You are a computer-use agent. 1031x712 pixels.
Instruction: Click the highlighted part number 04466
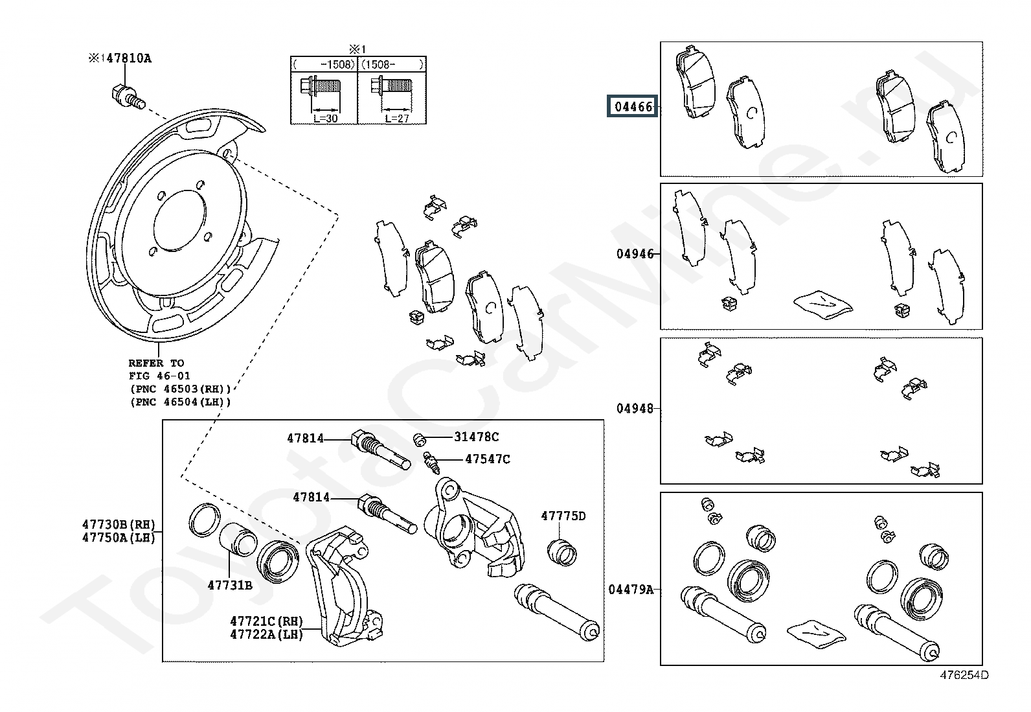pyautogui.click(x=633, y=106)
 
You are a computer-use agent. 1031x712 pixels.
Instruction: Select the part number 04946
pyautogui.click(x=635, y=254)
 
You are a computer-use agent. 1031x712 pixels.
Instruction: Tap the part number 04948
pyautogui.click(x=635, y=409)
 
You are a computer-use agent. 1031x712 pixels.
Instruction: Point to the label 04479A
pyautogui.click(x=631, y=590)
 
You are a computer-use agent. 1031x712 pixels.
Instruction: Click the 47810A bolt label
pyautogui.click(x=129, y=58)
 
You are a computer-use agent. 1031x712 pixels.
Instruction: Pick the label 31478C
pyautogui.click(x=477, y=437)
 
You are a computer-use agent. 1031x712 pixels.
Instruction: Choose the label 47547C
pyautogui.click(x=488, y=459)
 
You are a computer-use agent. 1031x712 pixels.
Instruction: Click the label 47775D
pyautogui.click(x=563, y=516)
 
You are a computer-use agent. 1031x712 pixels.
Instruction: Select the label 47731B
pyautogui.click(x=230, y=586)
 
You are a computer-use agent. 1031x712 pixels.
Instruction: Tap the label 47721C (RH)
pyautogui.click(x=267, y=621)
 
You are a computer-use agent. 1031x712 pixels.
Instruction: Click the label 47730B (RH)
pyautogui.click(x=119, y=524)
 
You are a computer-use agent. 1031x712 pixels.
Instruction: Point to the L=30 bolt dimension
pyautogui.click(x=325, y=119)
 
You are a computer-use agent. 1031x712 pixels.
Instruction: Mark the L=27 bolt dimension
pyautogui.click(x=397, y=119)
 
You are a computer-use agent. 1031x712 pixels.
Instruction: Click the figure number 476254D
pyautogui.click(x=964, y=675)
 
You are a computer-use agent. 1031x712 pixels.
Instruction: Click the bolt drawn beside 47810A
pyautogui.click(x=128, y=97)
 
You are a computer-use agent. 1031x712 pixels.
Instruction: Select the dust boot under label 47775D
pyautogui.click(x=562, y=553)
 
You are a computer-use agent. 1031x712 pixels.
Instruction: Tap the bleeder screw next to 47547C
pyautogui.click(x=431, y=463)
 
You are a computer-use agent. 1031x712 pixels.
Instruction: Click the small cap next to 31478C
pyautogui.click(x=419, y=440)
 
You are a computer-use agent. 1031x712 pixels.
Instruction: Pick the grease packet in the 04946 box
pyautogui.click(x=823, y=304)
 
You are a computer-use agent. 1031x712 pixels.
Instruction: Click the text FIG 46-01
pyautogui.click(x=159, y=376)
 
